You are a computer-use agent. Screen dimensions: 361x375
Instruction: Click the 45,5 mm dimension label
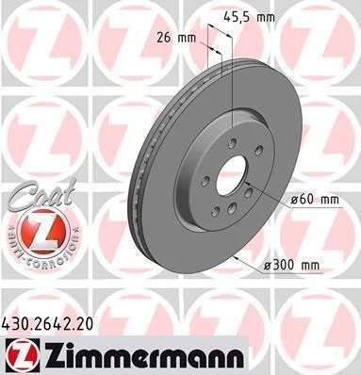tap(249, 16)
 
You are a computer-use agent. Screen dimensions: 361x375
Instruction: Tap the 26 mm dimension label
tap(176, 39)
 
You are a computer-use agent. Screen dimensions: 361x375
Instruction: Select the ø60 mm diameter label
tap(315, 200)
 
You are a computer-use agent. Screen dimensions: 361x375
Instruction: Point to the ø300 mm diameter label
tap(291, 266)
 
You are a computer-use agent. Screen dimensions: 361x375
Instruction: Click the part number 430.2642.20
tap(47, 324)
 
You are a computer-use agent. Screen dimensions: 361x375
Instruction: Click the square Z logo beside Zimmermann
tap(22, 355)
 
